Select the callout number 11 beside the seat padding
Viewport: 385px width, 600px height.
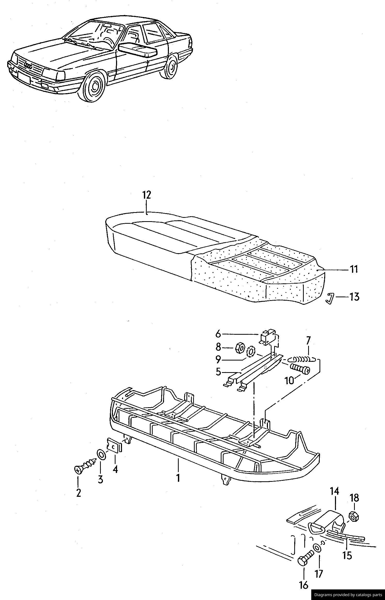[x=354, y=269]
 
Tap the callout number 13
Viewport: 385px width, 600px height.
[x=354, y=297]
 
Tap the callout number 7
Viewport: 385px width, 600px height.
[x=308, y=341]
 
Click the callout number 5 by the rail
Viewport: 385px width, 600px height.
[x=218, y=372]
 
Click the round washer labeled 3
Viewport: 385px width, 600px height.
[x=101, y=454]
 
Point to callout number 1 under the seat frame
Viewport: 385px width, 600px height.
[x=178, y=478]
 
